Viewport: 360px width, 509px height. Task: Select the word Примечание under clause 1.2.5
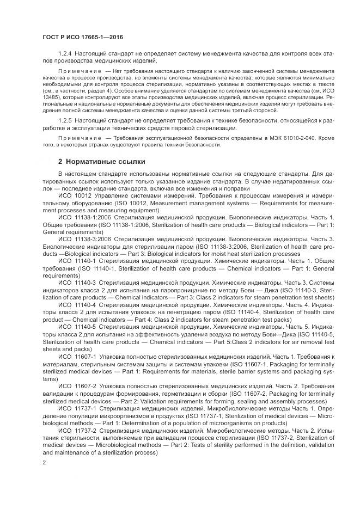[x=78, y=139]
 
